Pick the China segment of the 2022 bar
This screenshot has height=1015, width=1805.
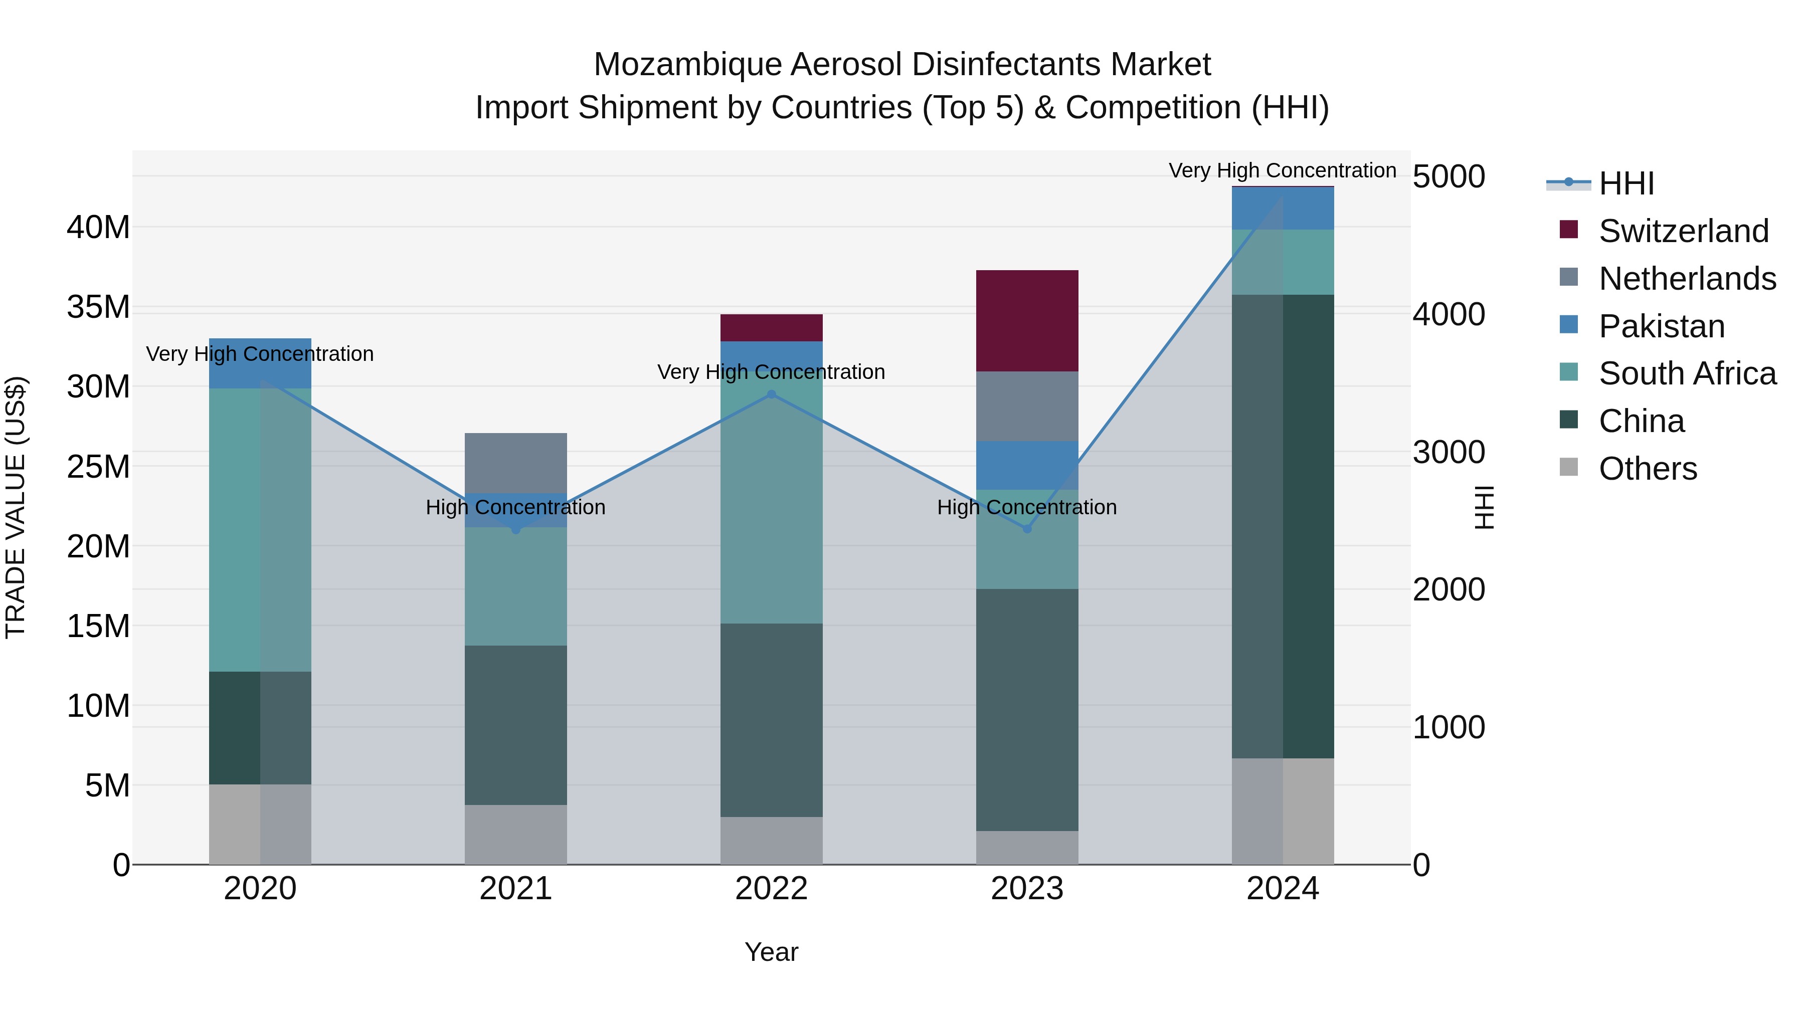pos(772,720)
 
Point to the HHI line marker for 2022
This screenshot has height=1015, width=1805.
pos(772,394)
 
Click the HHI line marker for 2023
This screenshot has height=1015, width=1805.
pos(1027,529)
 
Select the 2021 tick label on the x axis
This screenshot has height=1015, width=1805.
pos(516,889)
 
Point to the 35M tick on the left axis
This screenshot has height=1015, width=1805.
pos(98,307)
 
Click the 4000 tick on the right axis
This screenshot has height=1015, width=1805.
pos(1448,314)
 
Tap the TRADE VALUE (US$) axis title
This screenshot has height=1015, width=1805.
pos(16,507)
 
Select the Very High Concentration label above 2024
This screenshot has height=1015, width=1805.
pos(1282,171)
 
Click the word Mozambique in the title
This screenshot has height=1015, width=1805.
pos(687,65)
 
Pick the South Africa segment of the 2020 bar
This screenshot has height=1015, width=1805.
pos(260,530)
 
